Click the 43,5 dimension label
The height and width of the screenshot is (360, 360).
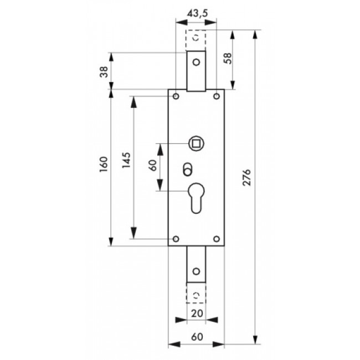196,12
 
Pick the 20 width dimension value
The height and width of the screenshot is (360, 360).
196,313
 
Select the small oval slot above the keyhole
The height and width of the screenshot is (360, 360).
187,168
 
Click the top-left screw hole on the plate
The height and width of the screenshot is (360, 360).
176,97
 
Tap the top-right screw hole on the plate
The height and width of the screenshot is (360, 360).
216,97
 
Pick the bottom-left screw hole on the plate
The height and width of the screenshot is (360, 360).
176,239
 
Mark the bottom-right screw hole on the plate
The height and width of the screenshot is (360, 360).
216,239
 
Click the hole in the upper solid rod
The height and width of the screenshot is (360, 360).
196,63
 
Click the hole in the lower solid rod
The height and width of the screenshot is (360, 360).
196,272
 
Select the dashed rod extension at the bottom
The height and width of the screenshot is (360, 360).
196,294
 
